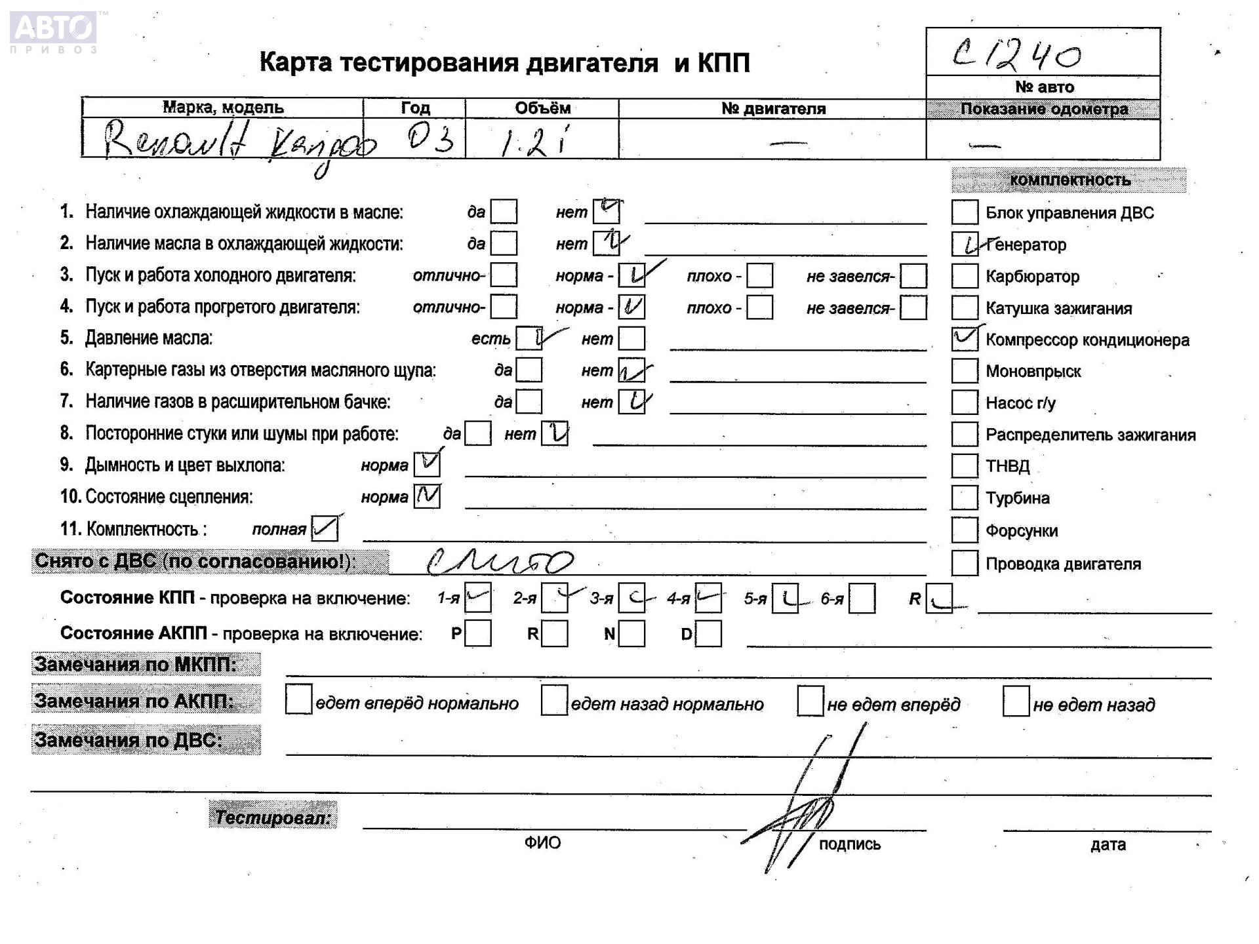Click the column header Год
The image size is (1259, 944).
tap(414, 108)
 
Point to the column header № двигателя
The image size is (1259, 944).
tap(772, 109)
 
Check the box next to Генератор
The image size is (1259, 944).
tap(964, 245)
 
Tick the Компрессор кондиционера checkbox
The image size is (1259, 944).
tap(964, 339)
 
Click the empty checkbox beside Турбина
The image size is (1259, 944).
tap(964, 498)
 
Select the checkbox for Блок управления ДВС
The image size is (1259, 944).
tap(964, 212)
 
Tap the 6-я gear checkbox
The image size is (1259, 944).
tap(862, 599)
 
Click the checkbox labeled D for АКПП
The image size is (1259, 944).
tap(708, 634)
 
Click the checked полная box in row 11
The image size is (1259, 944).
tap(325, 528)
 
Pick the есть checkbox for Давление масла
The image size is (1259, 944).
tap(529, 338)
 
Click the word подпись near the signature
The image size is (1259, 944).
tap(849, 844)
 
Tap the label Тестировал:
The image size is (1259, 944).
tap(273, 817)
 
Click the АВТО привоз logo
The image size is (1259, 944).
tap(54, 31)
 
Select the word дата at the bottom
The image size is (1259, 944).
tap(1108, 844)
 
